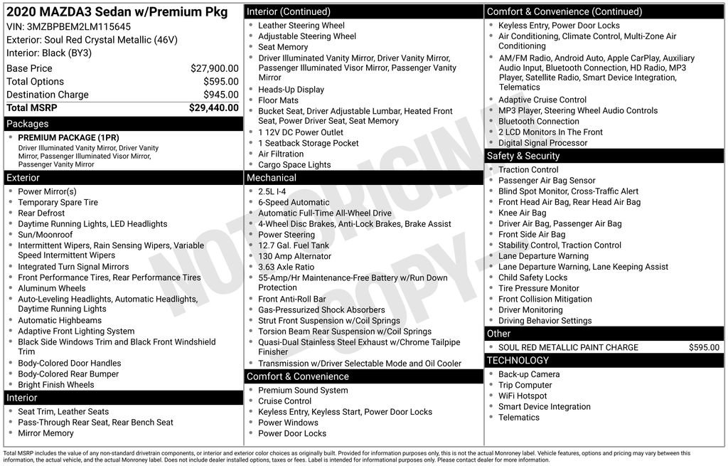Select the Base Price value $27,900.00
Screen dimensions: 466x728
pyautogui.click(x=214, y=68)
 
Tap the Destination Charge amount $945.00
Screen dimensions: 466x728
pyautogui.click(x=220, y=95)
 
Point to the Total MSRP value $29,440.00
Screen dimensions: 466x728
pyautogui.click(x=213, y=108)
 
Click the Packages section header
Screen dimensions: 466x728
pyautogui.click(x=27, y=124)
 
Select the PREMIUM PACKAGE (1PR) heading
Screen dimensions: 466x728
pyautogui.click(x=68, y=137)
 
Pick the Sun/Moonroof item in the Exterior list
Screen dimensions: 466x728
pyautogui.click(x=45, y=235)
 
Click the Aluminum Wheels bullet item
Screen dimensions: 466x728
pyautogui.click(x=51, y=288)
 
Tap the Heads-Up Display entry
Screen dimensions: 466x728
pyautogui.click(x=291, y=90)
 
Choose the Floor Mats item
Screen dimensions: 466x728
pyautogui.click(x=278, y=100)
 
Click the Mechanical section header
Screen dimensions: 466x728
pyautogui.click(x=271, y=178)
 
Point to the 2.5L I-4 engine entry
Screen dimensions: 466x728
pyautogui.click(x=272, y=191)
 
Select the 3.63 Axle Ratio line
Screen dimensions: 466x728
pyautogui.click(x=286, y=267)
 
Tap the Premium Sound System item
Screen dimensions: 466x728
pyautogui.click(x=303, y=390)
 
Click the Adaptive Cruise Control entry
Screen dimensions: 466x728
pyautogui.click(x=542, y=100)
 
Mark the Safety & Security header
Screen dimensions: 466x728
pyautogui.click(x=523, y=156)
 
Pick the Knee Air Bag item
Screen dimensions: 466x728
pyautogui.click(x=522, y=213)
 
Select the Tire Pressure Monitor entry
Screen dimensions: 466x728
pyautogui.click(x=538, y=288)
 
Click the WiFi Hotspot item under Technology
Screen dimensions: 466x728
pyautogui.click(x=523, y=396)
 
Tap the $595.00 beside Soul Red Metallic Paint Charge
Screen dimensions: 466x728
pyautogui.click(x=704, y=347)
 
